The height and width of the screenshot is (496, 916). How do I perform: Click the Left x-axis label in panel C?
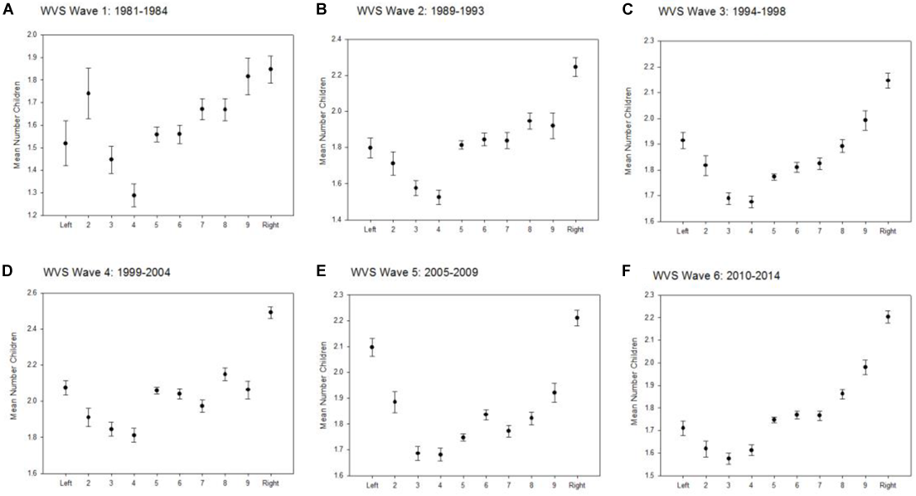(x=682, y=231)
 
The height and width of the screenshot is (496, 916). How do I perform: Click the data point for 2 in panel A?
(x=88, y=94)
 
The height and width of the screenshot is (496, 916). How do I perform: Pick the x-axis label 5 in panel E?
(x=462, y=484)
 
